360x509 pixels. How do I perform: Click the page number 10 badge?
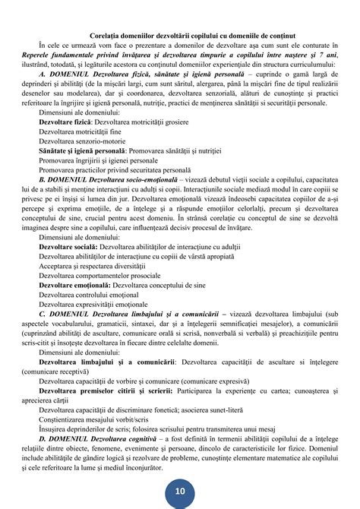point(180,492)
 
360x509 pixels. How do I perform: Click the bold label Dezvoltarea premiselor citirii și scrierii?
point(104,395)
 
